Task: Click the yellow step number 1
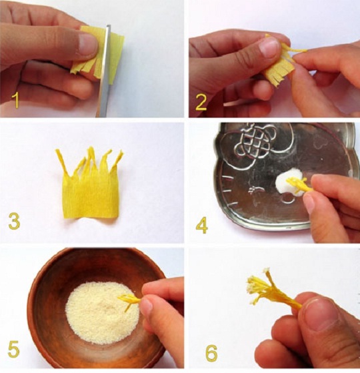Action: coord(16,100)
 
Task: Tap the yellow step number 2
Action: coord(201,102)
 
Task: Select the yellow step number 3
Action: coord(14,221)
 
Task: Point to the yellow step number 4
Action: coord(201,225)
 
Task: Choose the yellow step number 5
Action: coord(13,349)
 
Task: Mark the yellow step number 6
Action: coord(211,352)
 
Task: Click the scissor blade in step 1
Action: coord(105,71)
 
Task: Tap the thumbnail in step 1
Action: coord(88,45)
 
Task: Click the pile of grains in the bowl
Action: coord(103,313)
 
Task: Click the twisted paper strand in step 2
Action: coord(297,51)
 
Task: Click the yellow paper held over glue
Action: coord(299,186)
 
